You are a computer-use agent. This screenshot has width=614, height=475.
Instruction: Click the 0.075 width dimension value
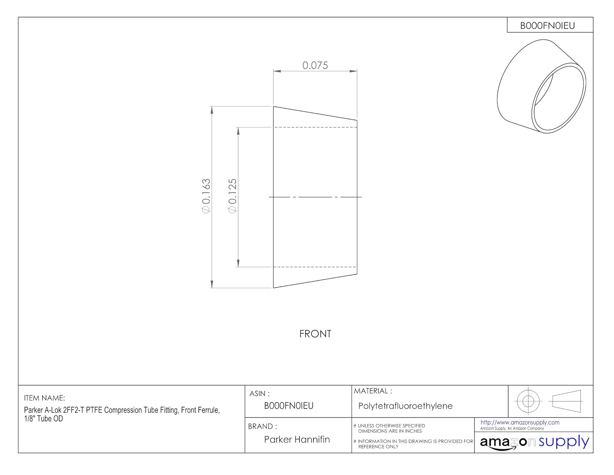tap(315, 65)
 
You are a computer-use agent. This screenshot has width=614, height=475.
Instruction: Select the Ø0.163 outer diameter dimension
tap(206, 196)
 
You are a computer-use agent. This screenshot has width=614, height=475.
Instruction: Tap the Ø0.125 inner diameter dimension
tap(232, 196)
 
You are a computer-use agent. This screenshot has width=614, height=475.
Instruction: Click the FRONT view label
tap(315, 334)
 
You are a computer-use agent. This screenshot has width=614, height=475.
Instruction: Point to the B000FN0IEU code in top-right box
tap(547, 26)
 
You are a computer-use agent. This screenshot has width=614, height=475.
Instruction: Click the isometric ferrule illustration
tap(542, 86)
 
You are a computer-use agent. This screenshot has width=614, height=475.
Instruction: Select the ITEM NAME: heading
tap(44, 398)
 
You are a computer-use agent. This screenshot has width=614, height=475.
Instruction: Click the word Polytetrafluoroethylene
tap(405, 406)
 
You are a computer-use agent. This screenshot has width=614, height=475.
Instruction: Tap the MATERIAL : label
tap(373, 391)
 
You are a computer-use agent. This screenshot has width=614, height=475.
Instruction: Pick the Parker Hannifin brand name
tap(297, 439)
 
